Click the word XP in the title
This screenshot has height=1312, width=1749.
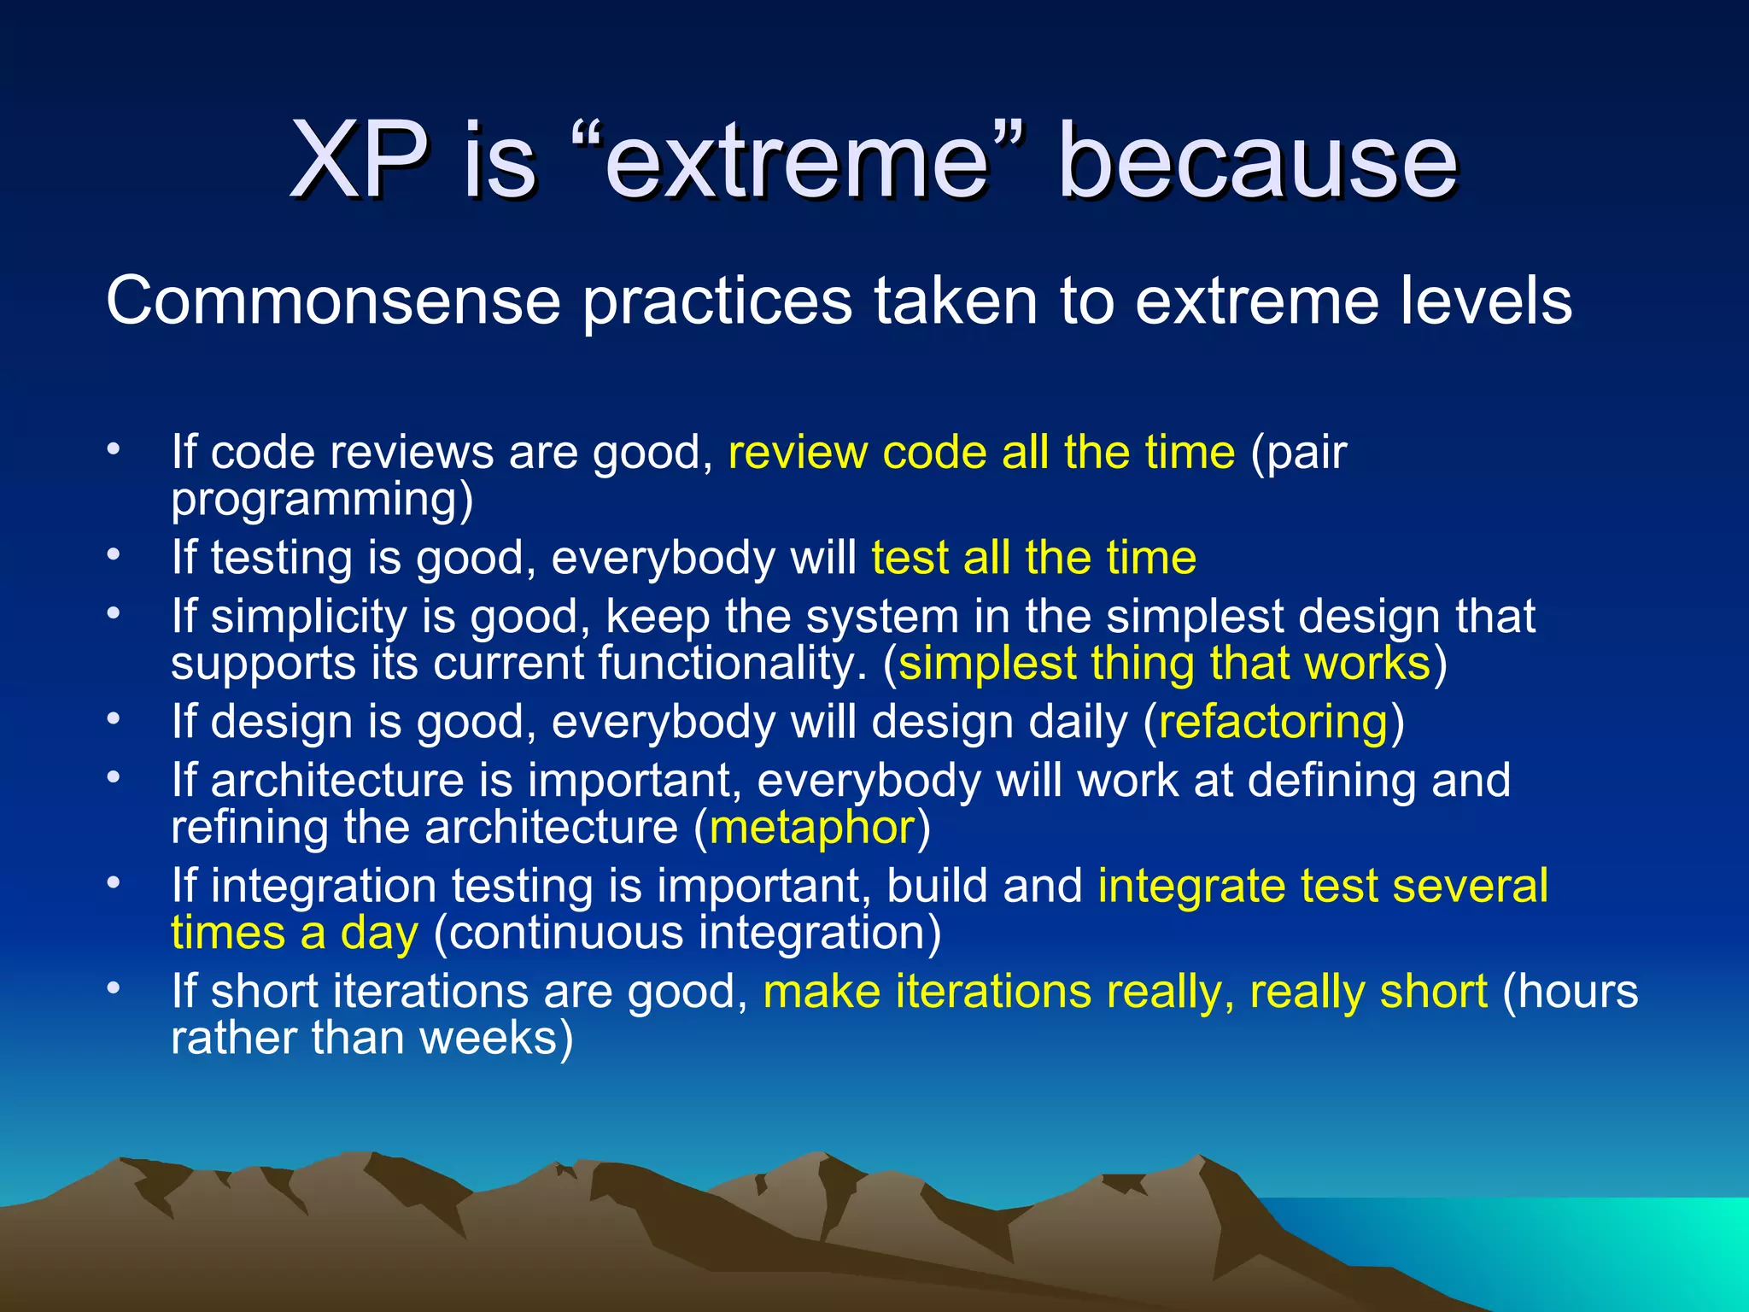click(359, 161)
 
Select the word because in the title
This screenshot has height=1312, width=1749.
click(1257, 161)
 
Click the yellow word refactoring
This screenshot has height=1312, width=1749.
click(1273, 722)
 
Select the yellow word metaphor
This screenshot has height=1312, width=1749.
click(812, 828)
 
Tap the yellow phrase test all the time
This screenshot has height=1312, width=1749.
click(1033, 558)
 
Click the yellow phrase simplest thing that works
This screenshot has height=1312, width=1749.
click(1164, 664)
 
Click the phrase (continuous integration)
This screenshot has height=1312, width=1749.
click(687, 933)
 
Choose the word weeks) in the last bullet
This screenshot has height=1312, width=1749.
click(496, 1039)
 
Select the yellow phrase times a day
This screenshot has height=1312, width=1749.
click(295, 933)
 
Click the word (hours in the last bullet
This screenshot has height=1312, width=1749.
click(1570, 992)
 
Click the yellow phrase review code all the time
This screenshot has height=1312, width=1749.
click(981, 452)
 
